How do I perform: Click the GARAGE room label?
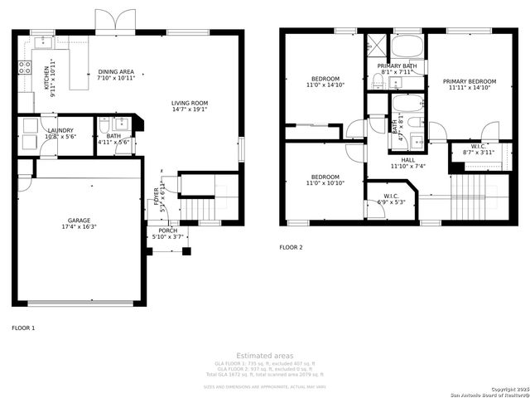79,220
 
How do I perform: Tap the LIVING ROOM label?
190,103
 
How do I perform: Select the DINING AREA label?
115,72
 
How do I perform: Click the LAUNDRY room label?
60,130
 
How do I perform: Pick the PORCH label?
168,231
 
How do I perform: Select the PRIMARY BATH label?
397,66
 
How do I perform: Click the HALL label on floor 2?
408,160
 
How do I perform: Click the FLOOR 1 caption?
23,328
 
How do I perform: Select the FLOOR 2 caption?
291,247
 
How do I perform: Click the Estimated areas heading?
264,355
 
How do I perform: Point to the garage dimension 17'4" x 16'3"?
79,226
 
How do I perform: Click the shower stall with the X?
377,45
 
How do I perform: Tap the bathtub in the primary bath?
407,45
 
